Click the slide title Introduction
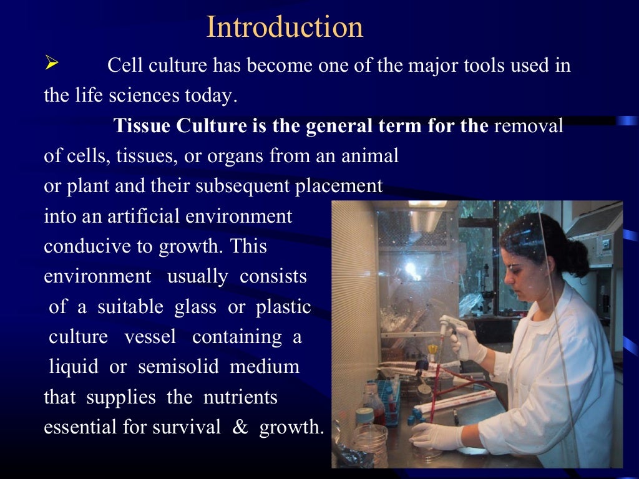(285, 27)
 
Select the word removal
(529, 126)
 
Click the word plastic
(283, 307)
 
